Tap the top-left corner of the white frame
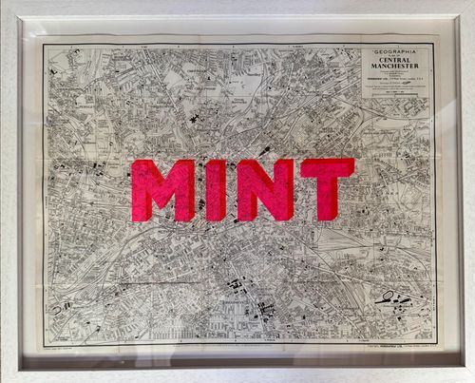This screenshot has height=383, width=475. pyautogui.click(x=3, y=3)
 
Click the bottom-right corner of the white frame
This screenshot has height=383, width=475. pyautogui.click(x=471, y=379)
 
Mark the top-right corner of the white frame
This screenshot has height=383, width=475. pyautogui.click(x=471, y=3)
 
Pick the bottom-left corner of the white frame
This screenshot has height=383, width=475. pyautogui.click(x=3, y=379)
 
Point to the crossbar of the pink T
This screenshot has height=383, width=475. pyautogui.click(x=326, y=166)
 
